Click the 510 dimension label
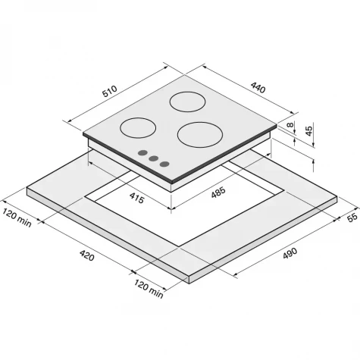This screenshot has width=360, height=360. point(110,92)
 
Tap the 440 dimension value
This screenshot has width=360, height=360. point(258,88)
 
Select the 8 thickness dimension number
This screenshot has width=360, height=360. point(291,124)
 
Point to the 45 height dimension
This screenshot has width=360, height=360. point(308,131)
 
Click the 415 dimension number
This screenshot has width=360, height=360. point(136,198)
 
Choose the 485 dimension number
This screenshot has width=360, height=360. point(218,193)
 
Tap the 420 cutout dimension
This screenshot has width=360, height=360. point(87,255)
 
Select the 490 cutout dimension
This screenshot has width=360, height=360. point(290,253)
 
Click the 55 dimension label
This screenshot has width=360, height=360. point(352,218)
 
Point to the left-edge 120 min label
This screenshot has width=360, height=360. point(17,218)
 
